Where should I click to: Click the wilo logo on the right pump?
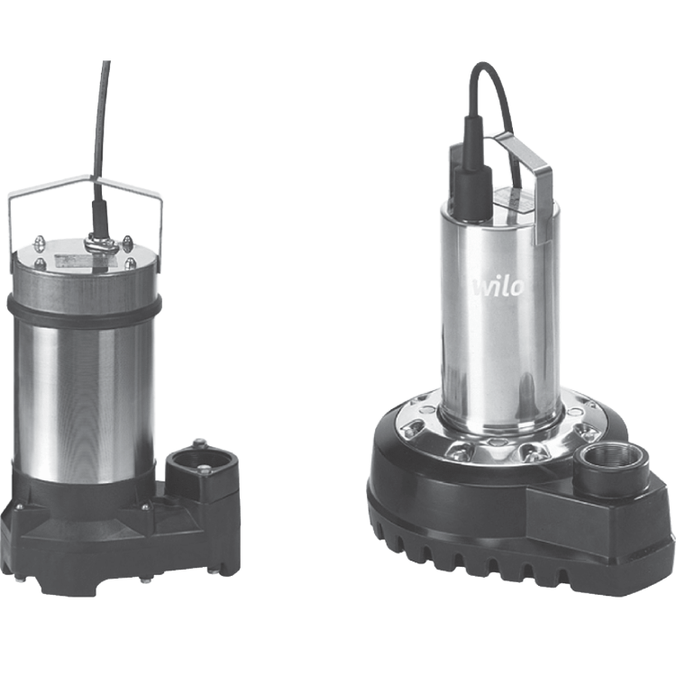pyautogui.click(x=498, y=287)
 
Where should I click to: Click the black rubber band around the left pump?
pyautogui.click(x=85, y=307)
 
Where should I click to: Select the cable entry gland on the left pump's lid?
pyautogui.click(x=102, y=244)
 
